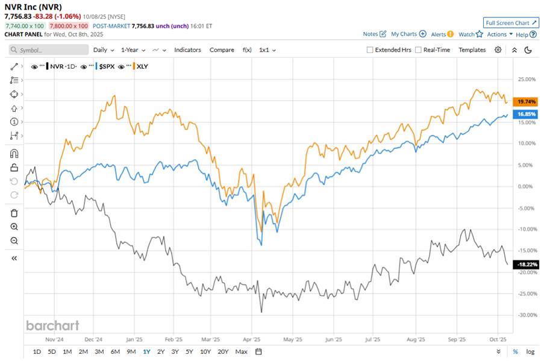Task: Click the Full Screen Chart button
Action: tap(511, 23)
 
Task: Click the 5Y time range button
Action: tap(189, 351)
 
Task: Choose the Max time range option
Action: tap(242, 351)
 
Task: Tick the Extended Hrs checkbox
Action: tap(370, 50)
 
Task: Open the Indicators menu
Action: tap(187, 50)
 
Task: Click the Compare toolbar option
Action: tap(222, 50)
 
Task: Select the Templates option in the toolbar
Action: tap(472, 50)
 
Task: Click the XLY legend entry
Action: tap(142, 65)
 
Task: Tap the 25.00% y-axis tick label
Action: tap(527, 79)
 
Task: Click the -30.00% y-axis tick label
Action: tap(527, 315)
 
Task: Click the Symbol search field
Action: tap(51, 50)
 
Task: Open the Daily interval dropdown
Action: tap(103, 50)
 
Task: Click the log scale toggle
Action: tap(530, 351)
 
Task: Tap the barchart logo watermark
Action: tap(52, 325)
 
